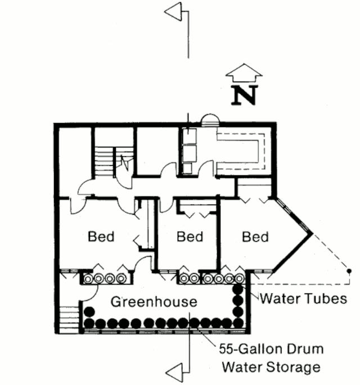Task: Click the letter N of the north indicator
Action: pos(245,95)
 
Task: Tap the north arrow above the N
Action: pos(244,73)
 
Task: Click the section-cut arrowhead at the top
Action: pos(173,12)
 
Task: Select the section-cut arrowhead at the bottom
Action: pos(174,373)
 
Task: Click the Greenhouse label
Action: pos(154,302)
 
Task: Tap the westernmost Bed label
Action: pos(101,237)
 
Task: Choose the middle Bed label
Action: pos(190,237)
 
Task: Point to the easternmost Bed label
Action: pos(255,237)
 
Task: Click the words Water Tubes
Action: pos(304,298)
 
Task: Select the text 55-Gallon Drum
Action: pos(271,349)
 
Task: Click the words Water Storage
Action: pos(271,367)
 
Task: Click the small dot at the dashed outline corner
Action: pos(349,271)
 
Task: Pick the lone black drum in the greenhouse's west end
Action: pos(89,312)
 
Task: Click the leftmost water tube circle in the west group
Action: pos(88,279)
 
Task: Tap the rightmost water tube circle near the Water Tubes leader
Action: pos(239,279)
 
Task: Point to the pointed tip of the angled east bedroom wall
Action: pos(313,233)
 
